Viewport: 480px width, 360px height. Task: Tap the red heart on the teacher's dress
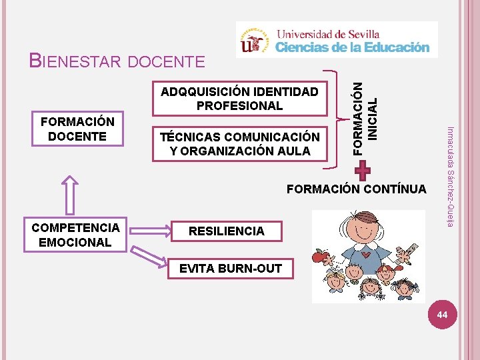[x=367, y=255]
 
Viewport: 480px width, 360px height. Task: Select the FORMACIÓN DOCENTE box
[x=77, y=129]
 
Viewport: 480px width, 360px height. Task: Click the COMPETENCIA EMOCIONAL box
[x=75, y=235]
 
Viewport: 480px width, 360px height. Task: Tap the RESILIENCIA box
[x=226, y=231]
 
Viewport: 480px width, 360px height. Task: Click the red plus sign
[x=362, y=171]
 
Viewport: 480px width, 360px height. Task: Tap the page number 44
[x=441, y=313]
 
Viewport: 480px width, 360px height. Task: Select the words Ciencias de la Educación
[x=353, y=47]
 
